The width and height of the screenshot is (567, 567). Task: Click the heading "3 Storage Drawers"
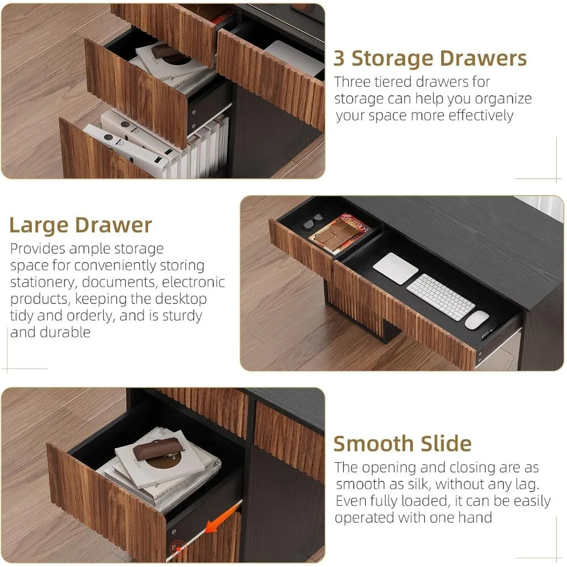(430, 58)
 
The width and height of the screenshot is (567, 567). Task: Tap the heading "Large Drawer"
(81, 225)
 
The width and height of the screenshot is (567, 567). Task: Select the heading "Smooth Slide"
(402, 443)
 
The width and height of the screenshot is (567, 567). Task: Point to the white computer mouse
(477, 319)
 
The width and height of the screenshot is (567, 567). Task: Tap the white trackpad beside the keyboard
(395, 268)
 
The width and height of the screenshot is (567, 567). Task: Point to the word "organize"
(502, 99)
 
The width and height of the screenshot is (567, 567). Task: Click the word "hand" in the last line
(476, 518)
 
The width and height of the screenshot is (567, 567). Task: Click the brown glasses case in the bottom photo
(162, 447)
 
